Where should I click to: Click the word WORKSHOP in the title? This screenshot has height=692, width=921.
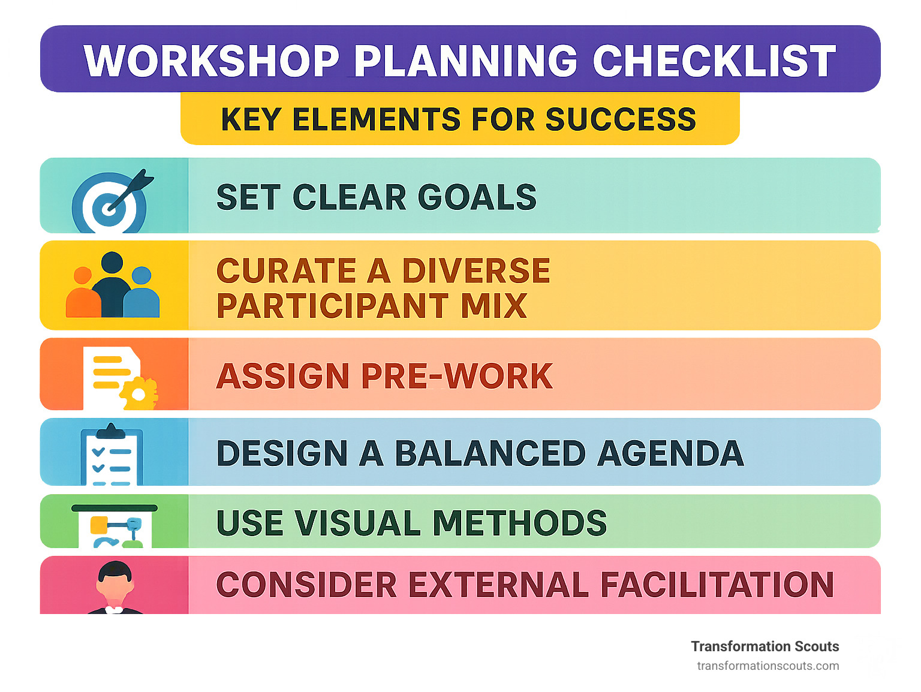(x=212, y=61)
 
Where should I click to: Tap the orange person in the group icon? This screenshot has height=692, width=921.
(x=83, y=294)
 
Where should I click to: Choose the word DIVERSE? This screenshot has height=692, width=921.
(x=475, y=270)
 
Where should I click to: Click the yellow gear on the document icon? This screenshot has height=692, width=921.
(x=139, y=394)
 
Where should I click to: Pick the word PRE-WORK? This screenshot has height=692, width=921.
(x=456, y=376)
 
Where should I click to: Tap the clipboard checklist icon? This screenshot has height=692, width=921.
(x=112, y=455)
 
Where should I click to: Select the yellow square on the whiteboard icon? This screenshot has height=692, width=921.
(x=98, y=525)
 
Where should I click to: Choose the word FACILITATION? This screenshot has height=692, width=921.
(x=717, y=585)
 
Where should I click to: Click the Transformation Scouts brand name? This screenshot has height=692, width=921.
(x=765, y=646)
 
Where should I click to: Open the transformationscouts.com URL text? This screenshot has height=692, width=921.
(x=767, y=666)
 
